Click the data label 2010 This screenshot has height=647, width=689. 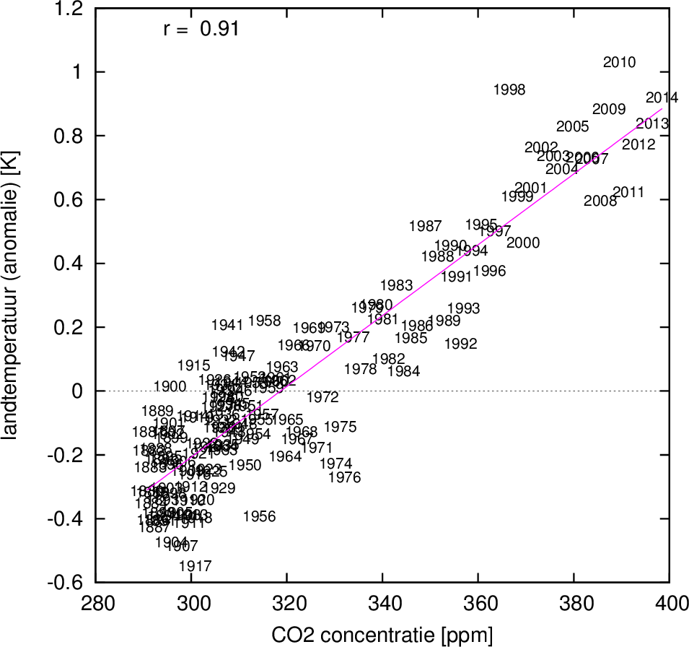619,62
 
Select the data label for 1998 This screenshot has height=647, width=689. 509,90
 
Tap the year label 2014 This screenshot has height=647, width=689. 662,97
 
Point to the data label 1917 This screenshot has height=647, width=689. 195,566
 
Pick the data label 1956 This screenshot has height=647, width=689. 260,516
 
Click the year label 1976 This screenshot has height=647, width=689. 344,477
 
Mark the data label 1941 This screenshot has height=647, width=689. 227,325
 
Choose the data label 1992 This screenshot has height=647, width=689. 461,344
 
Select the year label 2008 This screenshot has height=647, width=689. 600,201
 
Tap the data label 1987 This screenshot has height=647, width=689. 425,227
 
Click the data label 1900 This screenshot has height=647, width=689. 170,386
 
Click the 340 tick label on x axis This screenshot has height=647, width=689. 382,602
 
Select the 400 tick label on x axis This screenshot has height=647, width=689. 668,602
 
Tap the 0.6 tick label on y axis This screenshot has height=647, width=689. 70,199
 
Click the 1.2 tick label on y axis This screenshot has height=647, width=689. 70,9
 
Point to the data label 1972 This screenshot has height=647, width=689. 322,397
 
